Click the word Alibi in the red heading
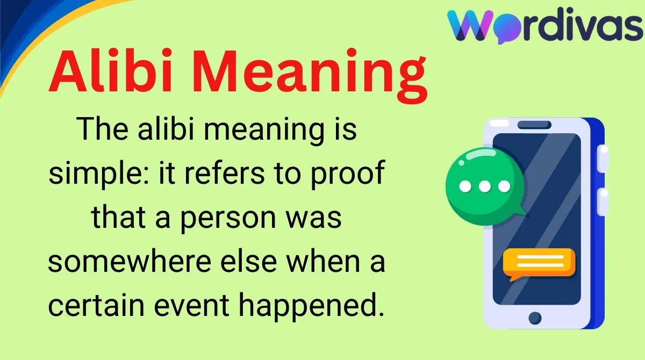pyautogui.click(x=111, y=71)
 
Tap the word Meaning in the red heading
pyautogui.click(x=310, y=76)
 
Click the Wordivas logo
pyautogui.click(x=545, y=25)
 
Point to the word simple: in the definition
pyautogui.click(x=99, y=174)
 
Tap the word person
pyautogui.click(x=228, y=219)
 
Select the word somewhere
pyautogui.click(x=130, y=261)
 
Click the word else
pyautogui.click(x=249, y=261)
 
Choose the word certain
pyautogui.click(x=96, y=305)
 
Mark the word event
pyautogui.click(x=191, y=306)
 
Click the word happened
pyautogui.click(x=312, y=306)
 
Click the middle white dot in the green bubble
pyautogui.click(x=485, y=186)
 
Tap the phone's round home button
pyautogui.click(x=535, y=318)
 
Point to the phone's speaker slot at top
pyautogui.click(x=534, y=125)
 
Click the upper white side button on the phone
pyautogui.click(x=603, y=159)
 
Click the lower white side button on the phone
pyautogui.click(x=603, y=201)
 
